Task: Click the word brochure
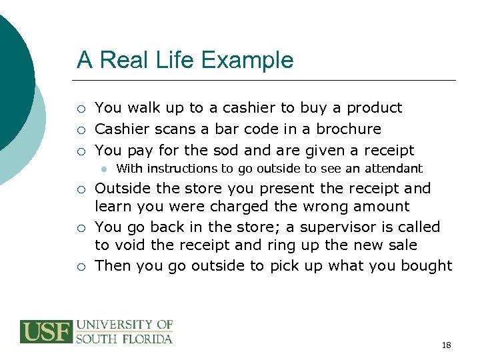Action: coord(349,129)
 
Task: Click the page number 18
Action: coord(446,345)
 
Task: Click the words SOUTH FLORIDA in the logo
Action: coord(124,338)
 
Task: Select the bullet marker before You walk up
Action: coord(81,109)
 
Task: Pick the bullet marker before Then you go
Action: coord(81,266)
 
